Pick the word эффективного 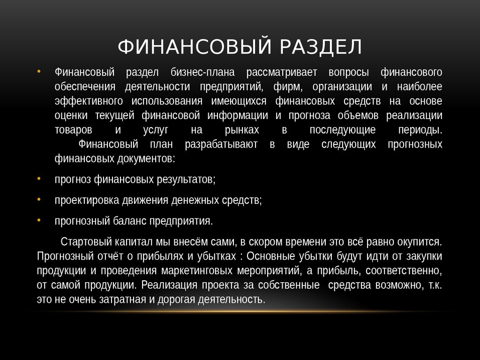click(x=82, y=102)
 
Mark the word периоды click(x=420, y=130)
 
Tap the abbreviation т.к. click(x=435, y=285)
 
